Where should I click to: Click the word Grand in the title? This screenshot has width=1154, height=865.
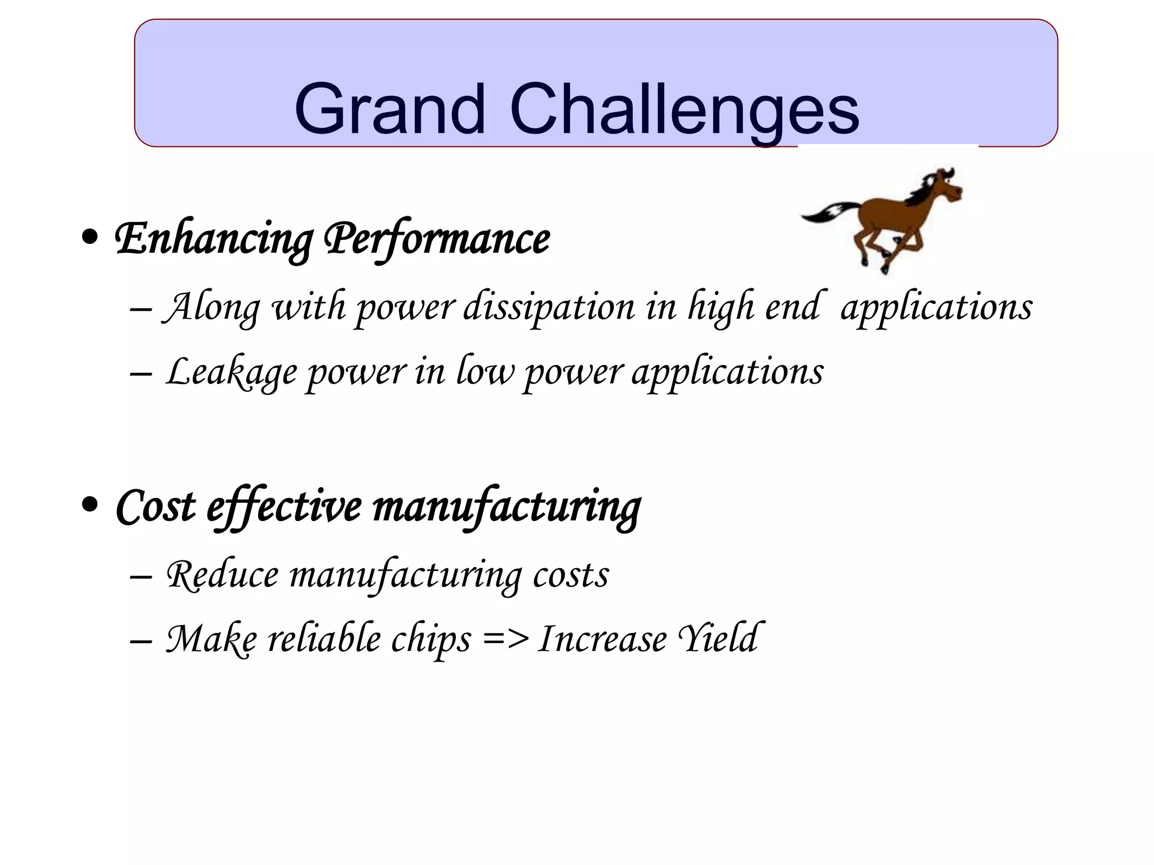pos(389,110)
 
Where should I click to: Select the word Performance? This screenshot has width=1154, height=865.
pos(437,239)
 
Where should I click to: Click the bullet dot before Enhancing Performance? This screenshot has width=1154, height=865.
pos(90,237)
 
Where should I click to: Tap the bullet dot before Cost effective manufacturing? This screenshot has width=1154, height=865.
pos(90,505)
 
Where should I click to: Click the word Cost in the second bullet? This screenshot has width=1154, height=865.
pos(156,507)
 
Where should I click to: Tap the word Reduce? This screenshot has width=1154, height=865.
pos(222,576)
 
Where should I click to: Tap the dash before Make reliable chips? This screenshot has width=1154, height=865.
pos(140,641)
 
